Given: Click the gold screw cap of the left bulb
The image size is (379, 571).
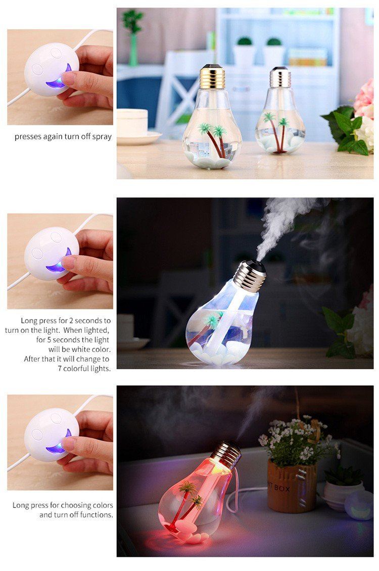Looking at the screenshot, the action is (x=212, y=77).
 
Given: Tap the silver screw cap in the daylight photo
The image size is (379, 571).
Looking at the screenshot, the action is (x=280, y=77).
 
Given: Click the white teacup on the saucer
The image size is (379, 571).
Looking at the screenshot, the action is (x=132, y=123).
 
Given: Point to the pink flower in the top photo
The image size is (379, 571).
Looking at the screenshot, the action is (x=364, y=99).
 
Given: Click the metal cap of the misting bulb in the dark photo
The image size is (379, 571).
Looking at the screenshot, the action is (x=250, y=276).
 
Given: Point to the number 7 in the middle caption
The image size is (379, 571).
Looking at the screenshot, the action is (x=60, y=369).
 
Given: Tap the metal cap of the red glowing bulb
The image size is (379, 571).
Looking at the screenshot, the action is (x=226, y=455).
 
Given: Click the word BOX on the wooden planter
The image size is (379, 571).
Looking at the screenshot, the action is (x=281, y=488).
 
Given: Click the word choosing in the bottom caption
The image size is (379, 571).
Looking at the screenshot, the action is (x=75, y=505).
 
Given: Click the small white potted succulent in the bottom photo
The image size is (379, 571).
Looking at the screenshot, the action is (x=343, y=489).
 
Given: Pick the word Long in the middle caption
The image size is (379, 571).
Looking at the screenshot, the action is (x=29, y=321).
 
